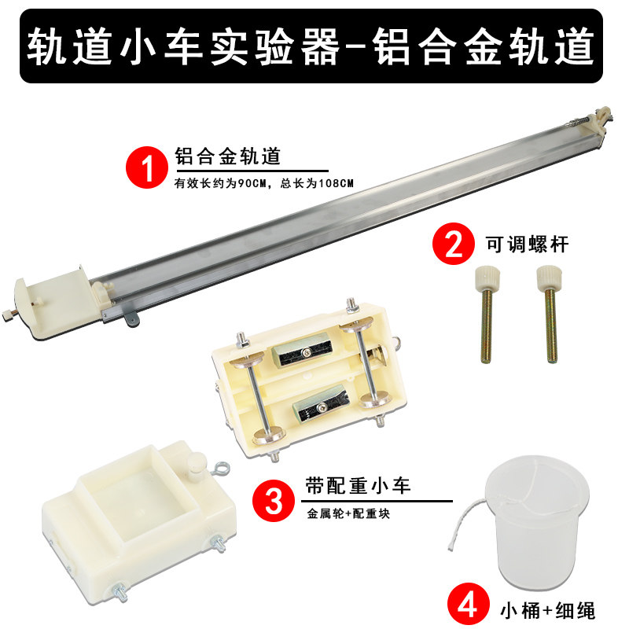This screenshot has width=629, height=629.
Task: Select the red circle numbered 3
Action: click(x=274, y=499)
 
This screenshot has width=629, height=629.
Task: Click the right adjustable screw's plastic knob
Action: click(x=546, y=278)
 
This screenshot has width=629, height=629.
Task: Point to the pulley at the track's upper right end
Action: click(x=602, y=119)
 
